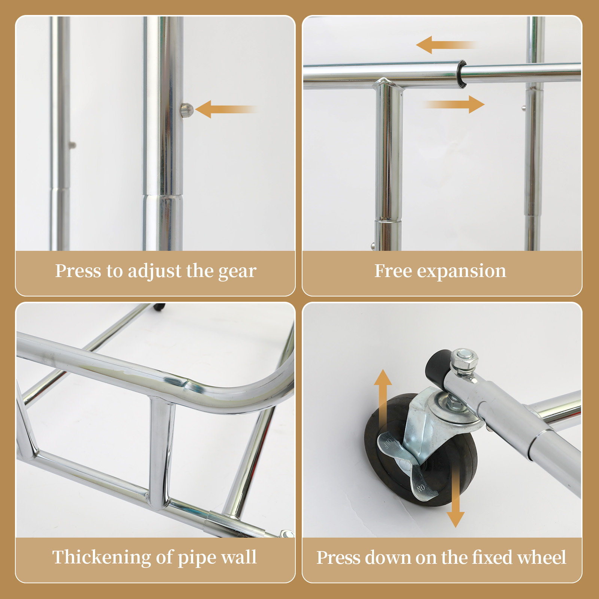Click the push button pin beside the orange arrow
coord(186,110)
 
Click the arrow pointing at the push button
coord(225,109)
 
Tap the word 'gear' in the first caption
coord(237,271)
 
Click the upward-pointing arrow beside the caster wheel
coord(383,397)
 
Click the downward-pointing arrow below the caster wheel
coord(455,498)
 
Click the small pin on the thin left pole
coord(73,145)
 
